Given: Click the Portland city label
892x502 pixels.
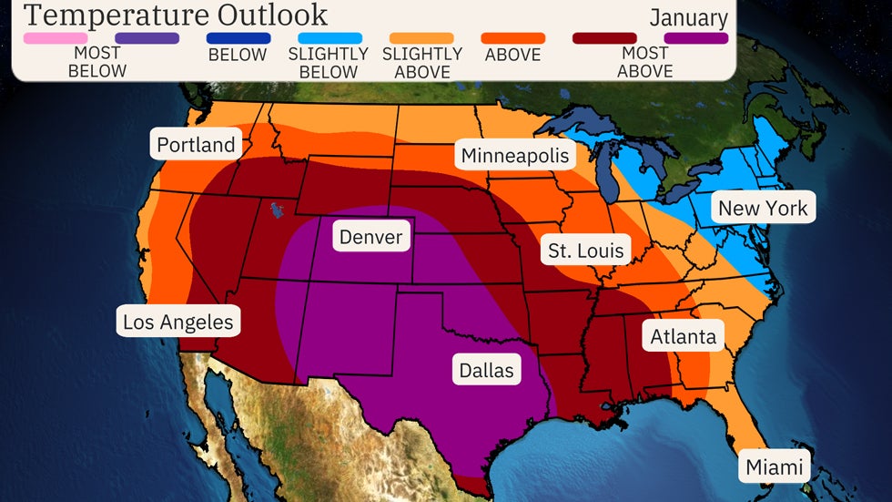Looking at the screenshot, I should (x=196, y=145).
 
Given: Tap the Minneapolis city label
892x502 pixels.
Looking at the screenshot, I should (x=515, y=155).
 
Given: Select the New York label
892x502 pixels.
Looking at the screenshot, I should (x=763, y=208).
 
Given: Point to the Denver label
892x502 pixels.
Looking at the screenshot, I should (x=370, y=237).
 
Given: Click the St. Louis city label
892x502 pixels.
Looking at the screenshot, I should (x=586, y=250).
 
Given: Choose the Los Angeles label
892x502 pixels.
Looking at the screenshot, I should (x=178, y=322).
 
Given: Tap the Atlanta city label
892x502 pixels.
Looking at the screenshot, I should (x=683, y=336).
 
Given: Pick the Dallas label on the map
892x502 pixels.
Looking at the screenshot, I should (x=486, y=370).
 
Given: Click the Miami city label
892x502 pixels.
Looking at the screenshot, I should (x=775, y=467).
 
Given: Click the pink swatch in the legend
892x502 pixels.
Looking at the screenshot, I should (x=56, y=38).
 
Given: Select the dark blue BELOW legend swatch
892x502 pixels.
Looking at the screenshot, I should (x=238, y=38).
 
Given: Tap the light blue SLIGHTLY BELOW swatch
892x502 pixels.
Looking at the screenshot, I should (x=329, y=38).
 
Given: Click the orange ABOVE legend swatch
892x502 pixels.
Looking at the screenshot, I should (x=512, y=38).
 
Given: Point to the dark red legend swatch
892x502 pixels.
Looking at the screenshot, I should (x=604, y=38).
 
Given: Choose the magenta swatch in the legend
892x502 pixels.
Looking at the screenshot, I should (x=696, y=38).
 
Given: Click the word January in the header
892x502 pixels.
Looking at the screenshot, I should (x=688, y=17).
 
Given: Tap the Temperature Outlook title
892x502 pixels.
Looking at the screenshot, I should (x=176, y=15).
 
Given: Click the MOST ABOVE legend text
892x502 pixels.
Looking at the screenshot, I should (x=645, y=62).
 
